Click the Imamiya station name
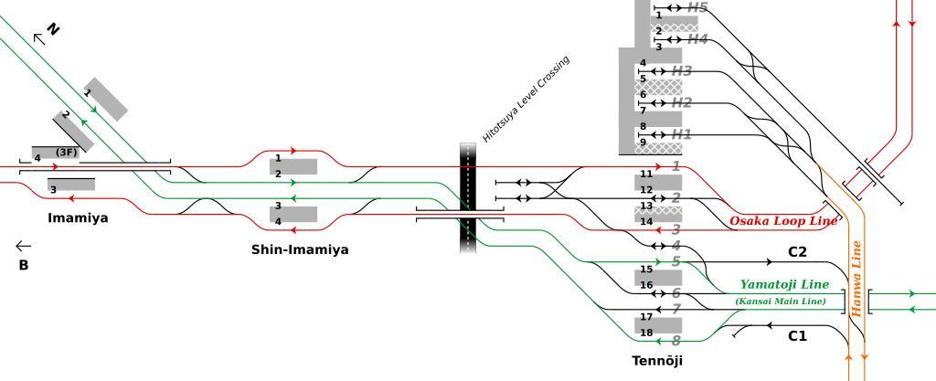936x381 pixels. [78, 218]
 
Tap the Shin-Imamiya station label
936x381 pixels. [300, 249]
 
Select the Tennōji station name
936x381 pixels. [657, 361]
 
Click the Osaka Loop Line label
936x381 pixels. [783, 221]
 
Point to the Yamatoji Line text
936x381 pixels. [784, 284]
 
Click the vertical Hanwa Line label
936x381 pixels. [857, 279]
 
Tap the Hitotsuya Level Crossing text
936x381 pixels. [526, 99]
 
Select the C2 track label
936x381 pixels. [797, 252]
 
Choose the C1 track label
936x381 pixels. [797, 336]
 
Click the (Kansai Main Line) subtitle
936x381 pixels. [780, 302]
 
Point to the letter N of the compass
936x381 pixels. [53, 29]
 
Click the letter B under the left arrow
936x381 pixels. [23, 266]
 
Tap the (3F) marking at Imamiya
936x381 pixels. [66, 152]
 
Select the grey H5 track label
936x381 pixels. [697, 7]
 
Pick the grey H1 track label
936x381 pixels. [681, 134]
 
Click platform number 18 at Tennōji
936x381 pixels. [646, 333]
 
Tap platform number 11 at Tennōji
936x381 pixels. [646, 174]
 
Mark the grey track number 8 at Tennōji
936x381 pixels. [675, 341]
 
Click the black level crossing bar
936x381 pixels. [468, 196]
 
